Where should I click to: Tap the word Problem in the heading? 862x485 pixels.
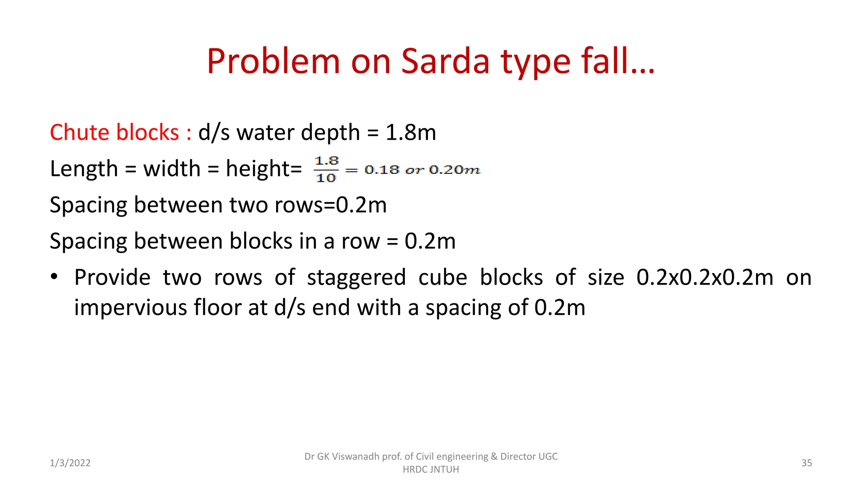[273, 61]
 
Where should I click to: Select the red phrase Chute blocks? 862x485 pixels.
[114, 133]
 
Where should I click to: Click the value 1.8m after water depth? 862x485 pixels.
[410, 133]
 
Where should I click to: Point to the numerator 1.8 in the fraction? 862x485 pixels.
[327, 161]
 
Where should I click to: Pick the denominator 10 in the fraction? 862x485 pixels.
[326, 178]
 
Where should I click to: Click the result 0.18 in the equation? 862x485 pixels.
[382, 170]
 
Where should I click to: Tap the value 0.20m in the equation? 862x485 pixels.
[455, 170]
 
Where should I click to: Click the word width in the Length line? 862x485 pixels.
[172, 169]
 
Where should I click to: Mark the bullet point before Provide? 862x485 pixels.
[54, 277]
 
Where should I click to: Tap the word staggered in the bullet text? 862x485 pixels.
[356, 278]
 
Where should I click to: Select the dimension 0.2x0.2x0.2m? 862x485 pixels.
[705, 278]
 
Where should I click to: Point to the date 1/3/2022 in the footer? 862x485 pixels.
[70, 463]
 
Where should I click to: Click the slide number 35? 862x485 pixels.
[806, 463]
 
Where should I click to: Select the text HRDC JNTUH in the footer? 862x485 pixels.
[431, 469]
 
